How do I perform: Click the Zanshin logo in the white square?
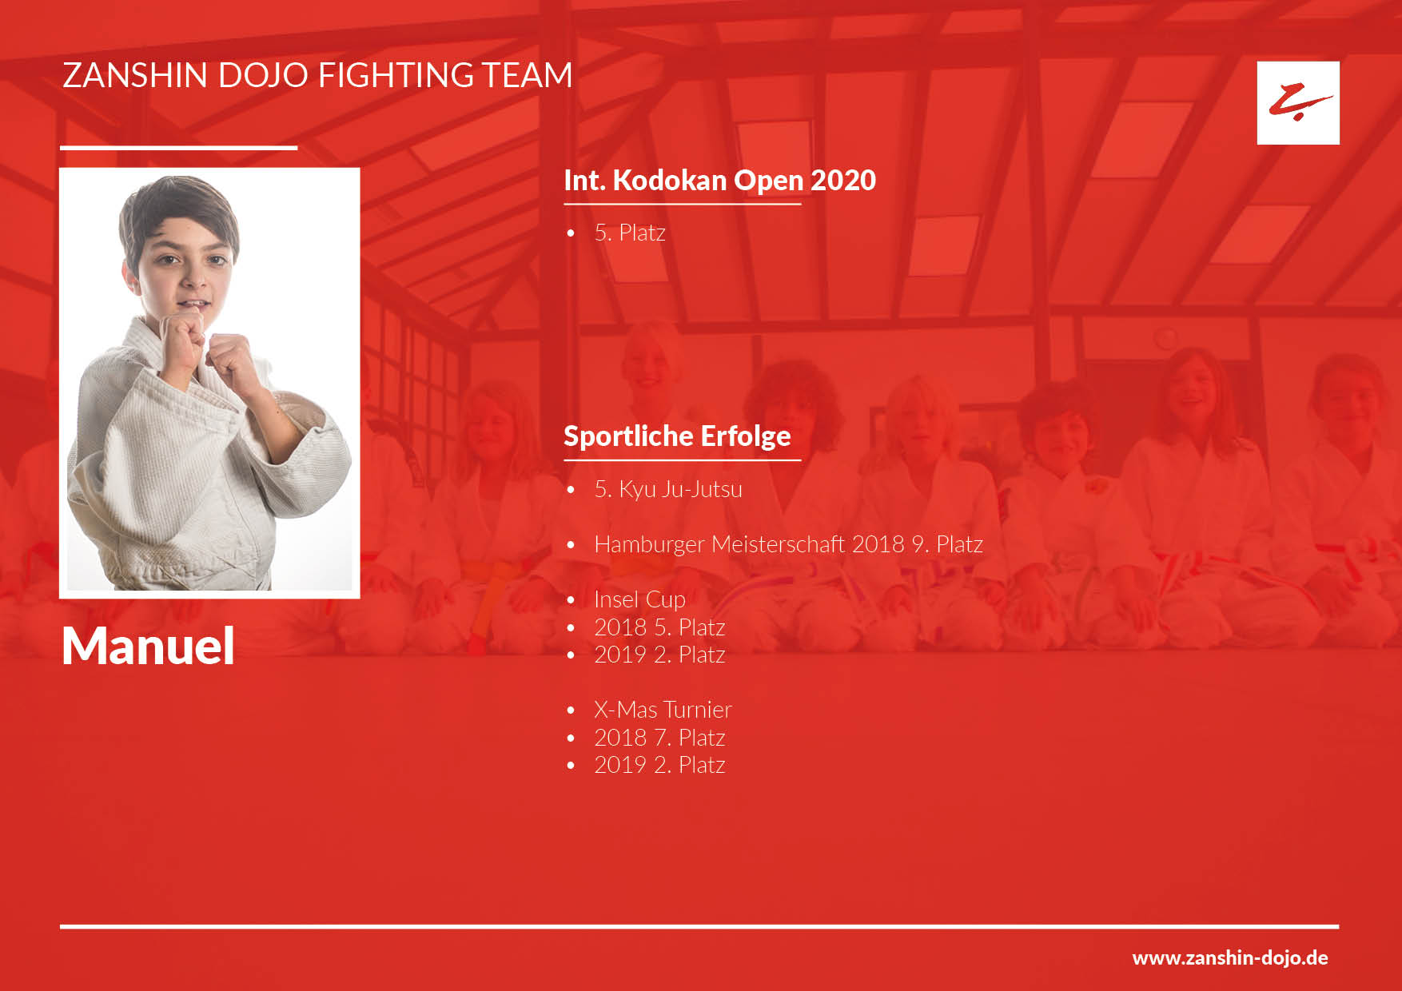[1299, 102]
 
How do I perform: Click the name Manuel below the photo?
[148, 646]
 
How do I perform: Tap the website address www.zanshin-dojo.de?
[1230, 957]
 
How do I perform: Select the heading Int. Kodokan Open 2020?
[719, 181]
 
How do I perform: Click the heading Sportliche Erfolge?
[677, 436]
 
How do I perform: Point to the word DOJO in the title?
[263, 75]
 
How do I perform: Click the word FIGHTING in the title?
[396, 75]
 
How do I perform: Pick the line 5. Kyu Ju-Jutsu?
[668, 489]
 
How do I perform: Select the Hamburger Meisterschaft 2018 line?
[788, 544]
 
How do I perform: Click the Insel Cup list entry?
[639, 599]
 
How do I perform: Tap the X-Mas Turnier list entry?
[663, 710]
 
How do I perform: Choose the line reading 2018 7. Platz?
[659, 738]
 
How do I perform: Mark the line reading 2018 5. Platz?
[659, 627]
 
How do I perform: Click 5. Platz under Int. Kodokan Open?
[630, 233]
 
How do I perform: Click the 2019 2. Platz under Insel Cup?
[659, 655]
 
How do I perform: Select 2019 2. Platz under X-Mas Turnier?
[659, 765]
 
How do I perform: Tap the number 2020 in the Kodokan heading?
[843, 181]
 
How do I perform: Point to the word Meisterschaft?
[778, 544]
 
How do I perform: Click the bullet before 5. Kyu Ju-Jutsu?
[571, 490]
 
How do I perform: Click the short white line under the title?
[178, 148]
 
